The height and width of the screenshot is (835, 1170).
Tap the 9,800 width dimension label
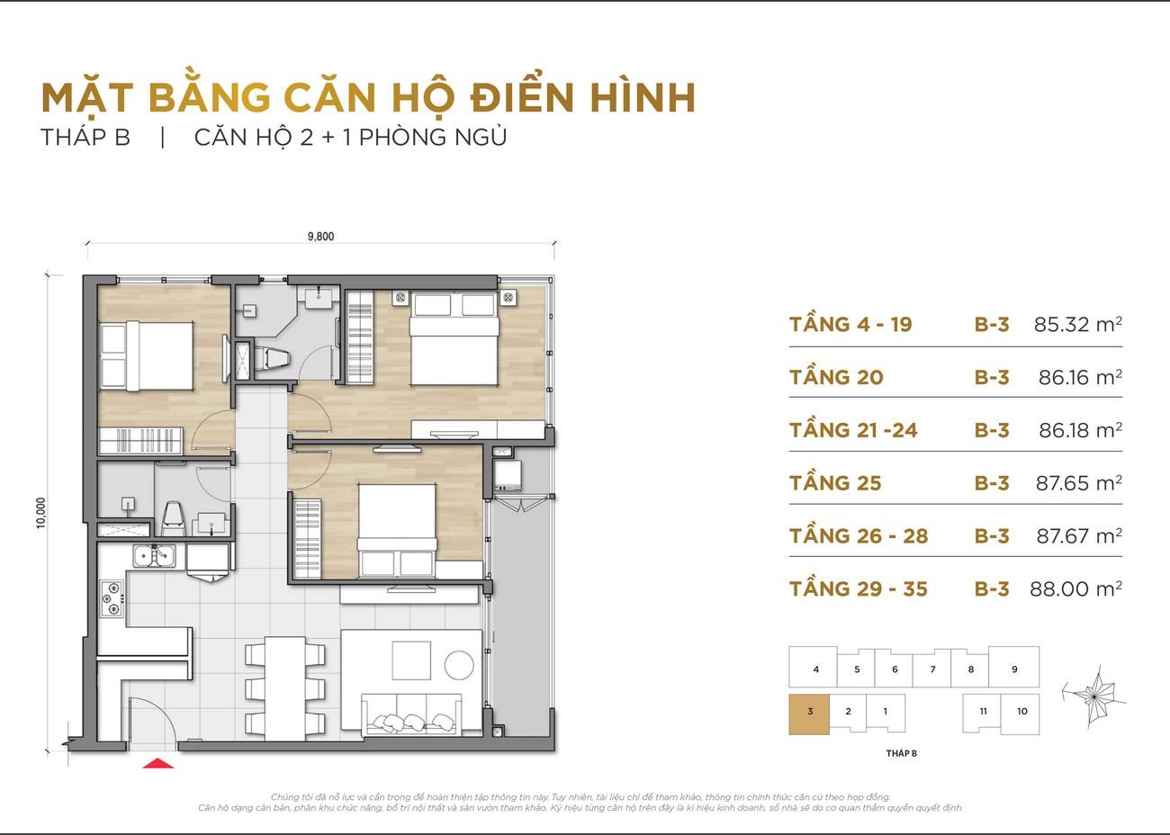pos(320,236)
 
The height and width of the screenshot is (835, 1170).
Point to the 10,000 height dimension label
pos(41,512)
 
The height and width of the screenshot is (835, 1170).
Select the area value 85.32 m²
pos(1077,324)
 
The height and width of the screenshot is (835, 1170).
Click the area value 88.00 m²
pos(1075,588)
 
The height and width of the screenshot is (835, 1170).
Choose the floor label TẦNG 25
pos(835,482)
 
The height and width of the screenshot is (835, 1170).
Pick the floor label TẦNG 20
pos(836,376)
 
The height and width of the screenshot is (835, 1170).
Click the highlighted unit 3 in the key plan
pos(809,714)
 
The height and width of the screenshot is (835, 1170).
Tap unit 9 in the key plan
pos(1014,668)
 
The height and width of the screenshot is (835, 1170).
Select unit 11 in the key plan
pos(983,713)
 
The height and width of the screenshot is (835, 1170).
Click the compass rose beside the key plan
pos(1093,696)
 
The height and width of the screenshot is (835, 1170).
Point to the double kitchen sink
pos(154,556)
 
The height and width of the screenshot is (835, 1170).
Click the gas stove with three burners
pos(112,598)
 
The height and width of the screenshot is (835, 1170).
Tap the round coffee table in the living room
pos(459,665)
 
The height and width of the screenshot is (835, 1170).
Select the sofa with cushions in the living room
pos(411,714)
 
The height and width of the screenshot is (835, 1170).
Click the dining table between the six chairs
pos(284,687)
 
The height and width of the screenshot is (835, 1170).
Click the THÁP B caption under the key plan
pos(901,753)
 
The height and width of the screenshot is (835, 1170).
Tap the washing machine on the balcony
pos(508,475)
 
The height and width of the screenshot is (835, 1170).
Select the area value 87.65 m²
pos(1078,482)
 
